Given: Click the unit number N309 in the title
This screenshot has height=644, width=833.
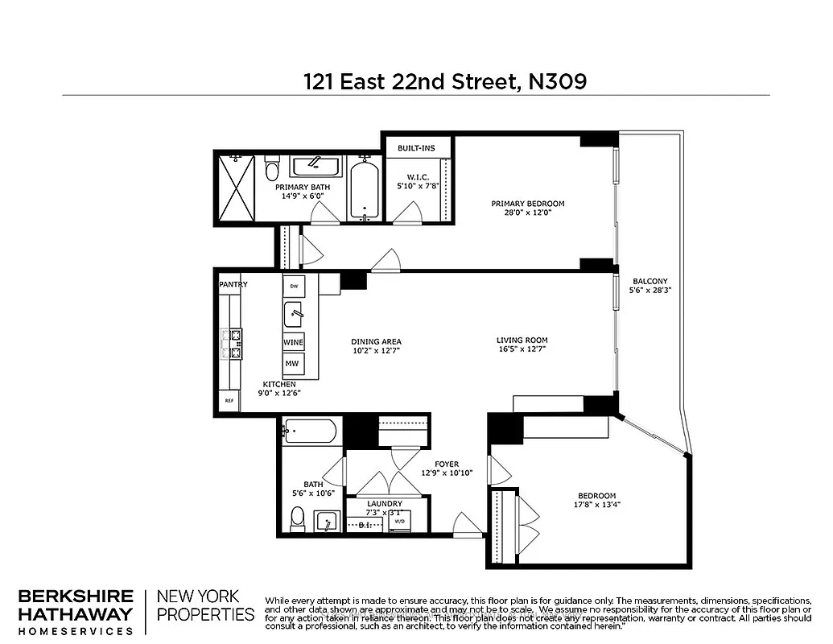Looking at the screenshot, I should click(x=557, y=81).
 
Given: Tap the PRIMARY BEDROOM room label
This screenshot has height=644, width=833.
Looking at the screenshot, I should click(x=528, y=204).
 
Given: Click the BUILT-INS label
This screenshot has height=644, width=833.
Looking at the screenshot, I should click(x=416, y=148).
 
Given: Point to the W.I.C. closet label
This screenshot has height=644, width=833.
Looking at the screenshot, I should click(x=417, y=178).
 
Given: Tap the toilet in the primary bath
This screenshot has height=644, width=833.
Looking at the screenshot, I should click(x=271, y=168).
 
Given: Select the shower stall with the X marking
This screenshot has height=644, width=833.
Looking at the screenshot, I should click(x=236, y=189).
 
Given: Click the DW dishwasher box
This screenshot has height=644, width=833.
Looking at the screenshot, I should click(x=294, y=287).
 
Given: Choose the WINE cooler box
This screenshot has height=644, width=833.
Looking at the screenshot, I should click(x=293, y=342).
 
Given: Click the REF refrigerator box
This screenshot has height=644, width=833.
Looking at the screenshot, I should click(x=229, y=400).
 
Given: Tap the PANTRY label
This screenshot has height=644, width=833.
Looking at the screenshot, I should click(x=233, y=284).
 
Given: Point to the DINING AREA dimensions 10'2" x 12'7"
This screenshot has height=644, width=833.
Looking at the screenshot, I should click(x=376, y=352).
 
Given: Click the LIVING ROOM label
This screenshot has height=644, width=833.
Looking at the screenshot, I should click(x=522, y=341).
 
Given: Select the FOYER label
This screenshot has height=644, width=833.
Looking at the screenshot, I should click(x=447, y=464).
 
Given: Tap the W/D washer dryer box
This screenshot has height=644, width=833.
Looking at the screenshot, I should click(x=400, y=521).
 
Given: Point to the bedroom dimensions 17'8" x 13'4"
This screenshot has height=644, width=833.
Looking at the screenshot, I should click(x=596, y=506).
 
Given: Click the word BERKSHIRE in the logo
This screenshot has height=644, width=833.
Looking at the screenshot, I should click(x=76, y=597).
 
